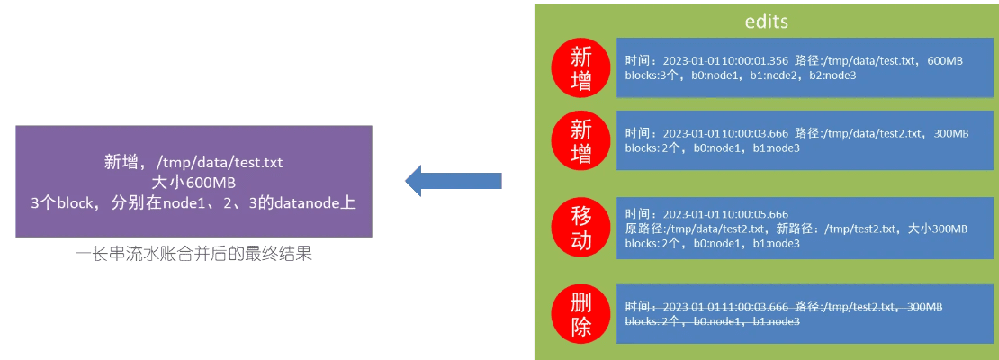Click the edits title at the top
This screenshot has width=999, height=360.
(x=767, y=22)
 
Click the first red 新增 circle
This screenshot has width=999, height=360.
(x=581, y=68)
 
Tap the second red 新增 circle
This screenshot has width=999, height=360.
(x=581, y=142)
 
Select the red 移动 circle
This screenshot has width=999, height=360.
(x=581, y=227)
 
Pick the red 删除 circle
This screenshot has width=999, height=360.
(x=581, y=314)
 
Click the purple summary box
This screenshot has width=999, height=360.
(x=193, y=182)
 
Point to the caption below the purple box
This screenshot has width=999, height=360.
(x=193, y=255)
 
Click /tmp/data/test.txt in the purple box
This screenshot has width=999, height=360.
(x=220, y=162)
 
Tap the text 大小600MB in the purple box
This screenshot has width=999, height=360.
(x=193, y=183)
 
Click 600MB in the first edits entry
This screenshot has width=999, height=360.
(x=944, y=60)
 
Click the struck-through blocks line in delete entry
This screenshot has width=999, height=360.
(x=712, y=321)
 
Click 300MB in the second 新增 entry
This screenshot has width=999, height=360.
(x=949, y=133)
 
